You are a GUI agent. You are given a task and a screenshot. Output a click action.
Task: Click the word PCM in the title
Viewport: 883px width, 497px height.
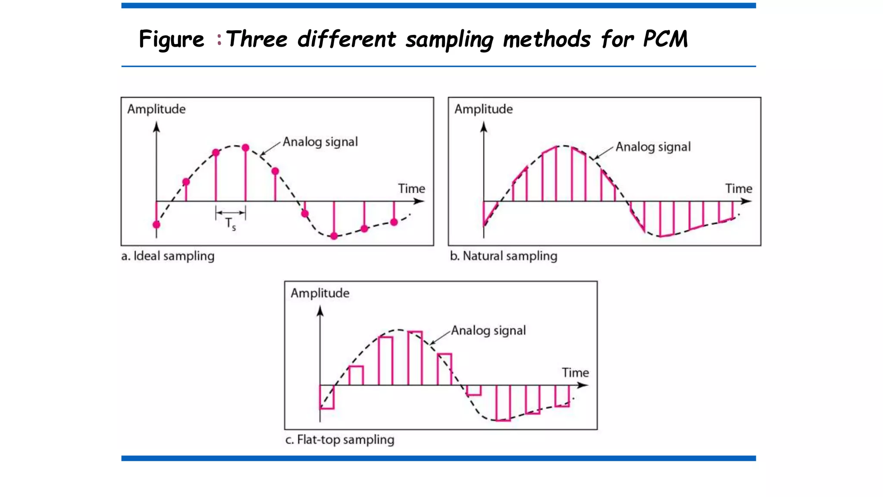[665, 39]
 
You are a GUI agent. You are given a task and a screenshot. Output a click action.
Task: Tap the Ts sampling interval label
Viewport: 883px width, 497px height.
[231, 223]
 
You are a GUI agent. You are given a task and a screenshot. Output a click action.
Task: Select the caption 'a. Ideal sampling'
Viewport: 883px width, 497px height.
[168, 256]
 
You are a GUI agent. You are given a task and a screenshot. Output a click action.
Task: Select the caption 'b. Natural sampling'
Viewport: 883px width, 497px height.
[503, 256]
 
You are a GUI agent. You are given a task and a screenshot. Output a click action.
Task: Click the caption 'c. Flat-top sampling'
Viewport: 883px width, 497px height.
[340, 440]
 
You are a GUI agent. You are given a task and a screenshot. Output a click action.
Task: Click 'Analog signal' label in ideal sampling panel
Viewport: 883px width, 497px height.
[320, 142]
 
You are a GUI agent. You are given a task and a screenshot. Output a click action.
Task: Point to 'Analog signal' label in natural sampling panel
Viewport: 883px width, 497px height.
[653, 147]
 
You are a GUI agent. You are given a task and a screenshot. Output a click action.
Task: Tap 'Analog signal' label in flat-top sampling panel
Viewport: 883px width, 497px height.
[488, 330]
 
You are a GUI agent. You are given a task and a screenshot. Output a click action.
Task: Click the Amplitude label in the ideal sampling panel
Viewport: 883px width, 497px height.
[156, 109]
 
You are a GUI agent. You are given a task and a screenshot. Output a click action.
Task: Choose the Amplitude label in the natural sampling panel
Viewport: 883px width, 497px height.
[483, 109]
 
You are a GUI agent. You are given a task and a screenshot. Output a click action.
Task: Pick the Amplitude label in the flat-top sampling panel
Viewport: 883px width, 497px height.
[320, 293]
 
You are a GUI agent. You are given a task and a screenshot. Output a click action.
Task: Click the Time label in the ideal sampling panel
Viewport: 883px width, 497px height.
[411, 189]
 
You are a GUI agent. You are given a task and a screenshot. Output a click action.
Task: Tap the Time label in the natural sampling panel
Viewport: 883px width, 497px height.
[739, 189]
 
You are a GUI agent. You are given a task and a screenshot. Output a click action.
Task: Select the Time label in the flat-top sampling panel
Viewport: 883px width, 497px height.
[575, 373]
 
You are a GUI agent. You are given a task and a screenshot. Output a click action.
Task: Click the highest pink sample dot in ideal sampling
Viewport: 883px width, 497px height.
[245, 148]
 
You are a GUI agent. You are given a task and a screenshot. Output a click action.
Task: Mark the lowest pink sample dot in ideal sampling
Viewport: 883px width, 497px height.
[334, 236]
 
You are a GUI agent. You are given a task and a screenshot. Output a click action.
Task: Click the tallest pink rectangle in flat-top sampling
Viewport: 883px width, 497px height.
[415, 358]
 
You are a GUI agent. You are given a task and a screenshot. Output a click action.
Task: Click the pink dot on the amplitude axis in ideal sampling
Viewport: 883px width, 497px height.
[157, 224]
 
